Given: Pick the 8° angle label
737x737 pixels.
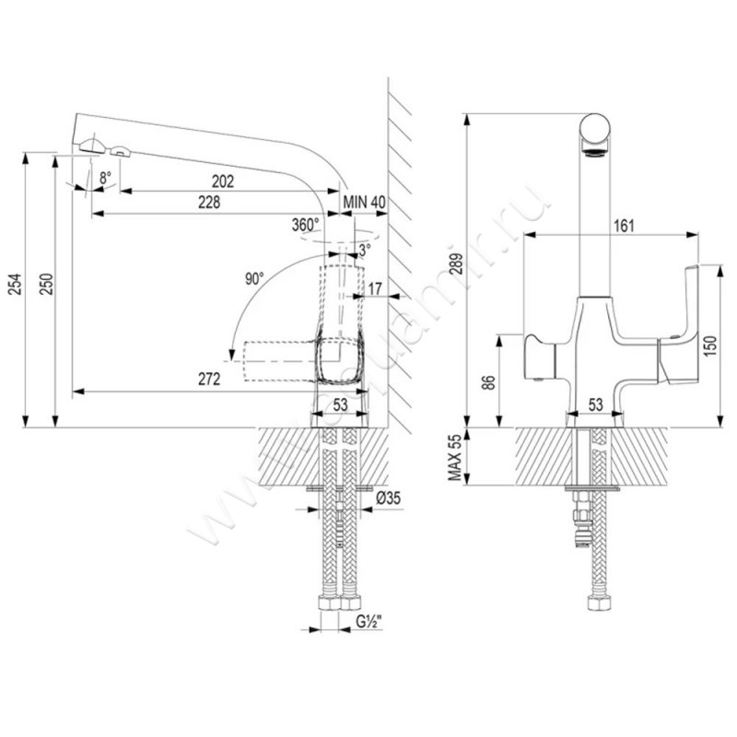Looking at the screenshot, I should [x=105, y=175].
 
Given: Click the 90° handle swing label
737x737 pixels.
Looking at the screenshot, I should [x=254, y=277].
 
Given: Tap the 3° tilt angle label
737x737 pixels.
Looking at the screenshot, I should [x=365, y=250].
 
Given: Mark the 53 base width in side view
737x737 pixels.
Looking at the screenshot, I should [x=340, y=403].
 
